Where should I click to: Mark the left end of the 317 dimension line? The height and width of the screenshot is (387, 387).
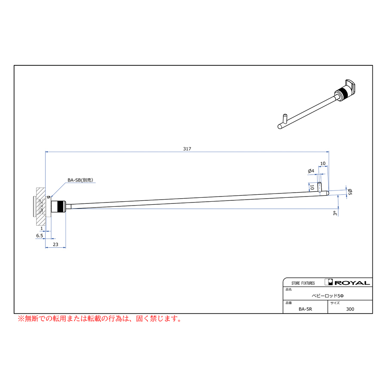click(x=46, y=152)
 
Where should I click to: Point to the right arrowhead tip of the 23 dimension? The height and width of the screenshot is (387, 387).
click(x=66, y=247)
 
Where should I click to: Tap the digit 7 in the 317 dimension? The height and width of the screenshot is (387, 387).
click(x=190, y=149)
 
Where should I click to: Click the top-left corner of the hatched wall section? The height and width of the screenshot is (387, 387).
click(x=37, y=188)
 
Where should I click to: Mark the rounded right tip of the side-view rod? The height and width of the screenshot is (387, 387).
click(x=329, y=193)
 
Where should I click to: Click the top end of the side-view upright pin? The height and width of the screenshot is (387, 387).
click(x=319, y=182)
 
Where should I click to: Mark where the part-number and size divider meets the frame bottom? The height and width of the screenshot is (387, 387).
click(x=328, y=313)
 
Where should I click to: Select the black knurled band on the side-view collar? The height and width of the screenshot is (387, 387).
click(x=60, y=206)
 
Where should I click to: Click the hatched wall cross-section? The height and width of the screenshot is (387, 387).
click(x=41, y=206)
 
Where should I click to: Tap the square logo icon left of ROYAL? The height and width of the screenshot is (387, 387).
click(x=329, y=282)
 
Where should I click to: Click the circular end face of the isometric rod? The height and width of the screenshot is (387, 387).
click(x=280, y=126)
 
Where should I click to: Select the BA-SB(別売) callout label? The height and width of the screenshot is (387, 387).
click(x=80, y=180)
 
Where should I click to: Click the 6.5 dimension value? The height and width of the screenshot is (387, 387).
click(x=40, y=236)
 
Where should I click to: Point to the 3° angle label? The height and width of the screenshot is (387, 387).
click(x=335, y=213)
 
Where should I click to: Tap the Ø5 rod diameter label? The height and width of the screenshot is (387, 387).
click(x=350, y=191)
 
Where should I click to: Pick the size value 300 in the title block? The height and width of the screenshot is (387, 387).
click(x=350, y=309)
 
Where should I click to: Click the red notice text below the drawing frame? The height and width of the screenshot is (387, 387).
click(x=100, y=319)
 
